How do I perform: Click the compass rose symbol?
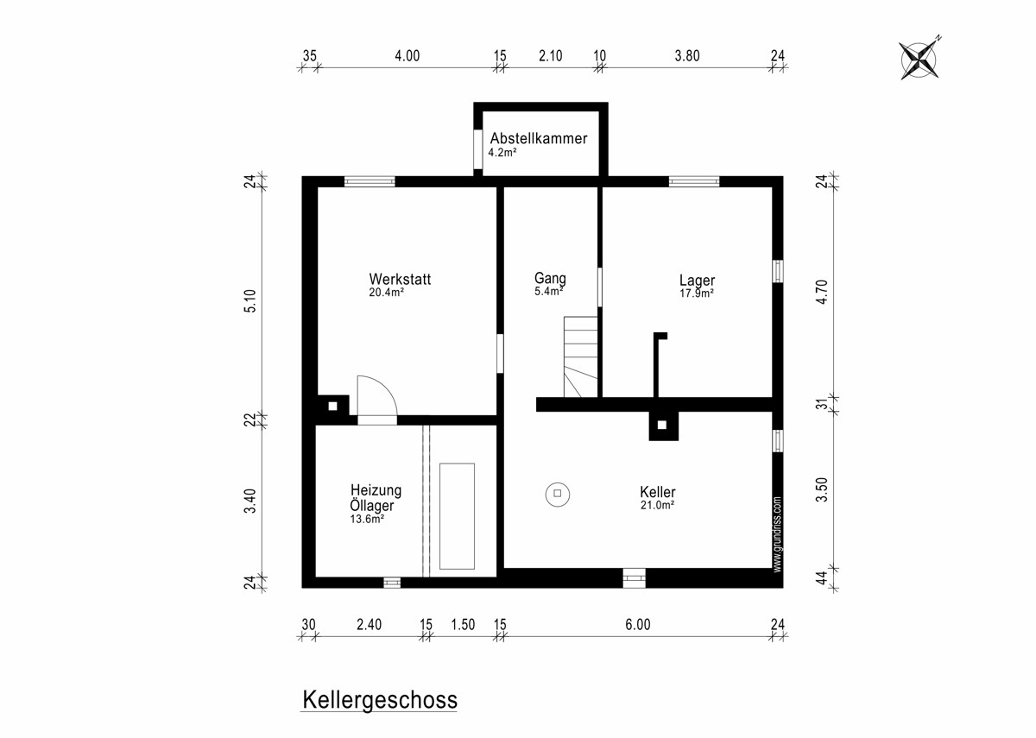(920, 59)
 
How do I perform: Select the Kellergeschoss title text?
(379, 699)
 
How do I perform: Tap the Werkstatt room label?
(400, 280)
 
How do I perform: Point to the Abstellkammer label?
(539, 138)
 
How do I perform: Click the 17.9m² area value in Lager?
(697, 293)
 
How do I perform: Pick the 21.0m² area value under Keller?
(657, 506)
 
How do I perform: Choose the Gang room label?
(550, 278)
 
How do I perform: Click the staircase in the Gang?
(581, 356)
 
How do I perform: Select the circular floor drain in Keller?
(558, 494)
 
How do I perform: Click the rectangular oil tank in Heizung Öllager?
(457, 516)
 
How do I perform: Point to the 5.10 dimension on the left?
(250, 300)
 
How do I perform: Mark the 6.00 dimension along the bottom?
(637, 625)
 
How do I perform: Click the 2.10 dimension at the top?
(550, 56)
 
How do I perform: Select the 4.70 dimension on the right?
(823, 292)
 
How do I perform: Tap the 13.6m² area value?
(368, 520)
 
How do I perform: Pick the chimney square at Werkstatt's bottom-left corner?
(332, 407)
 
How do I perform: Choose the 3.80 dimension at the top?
(686, 56)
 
